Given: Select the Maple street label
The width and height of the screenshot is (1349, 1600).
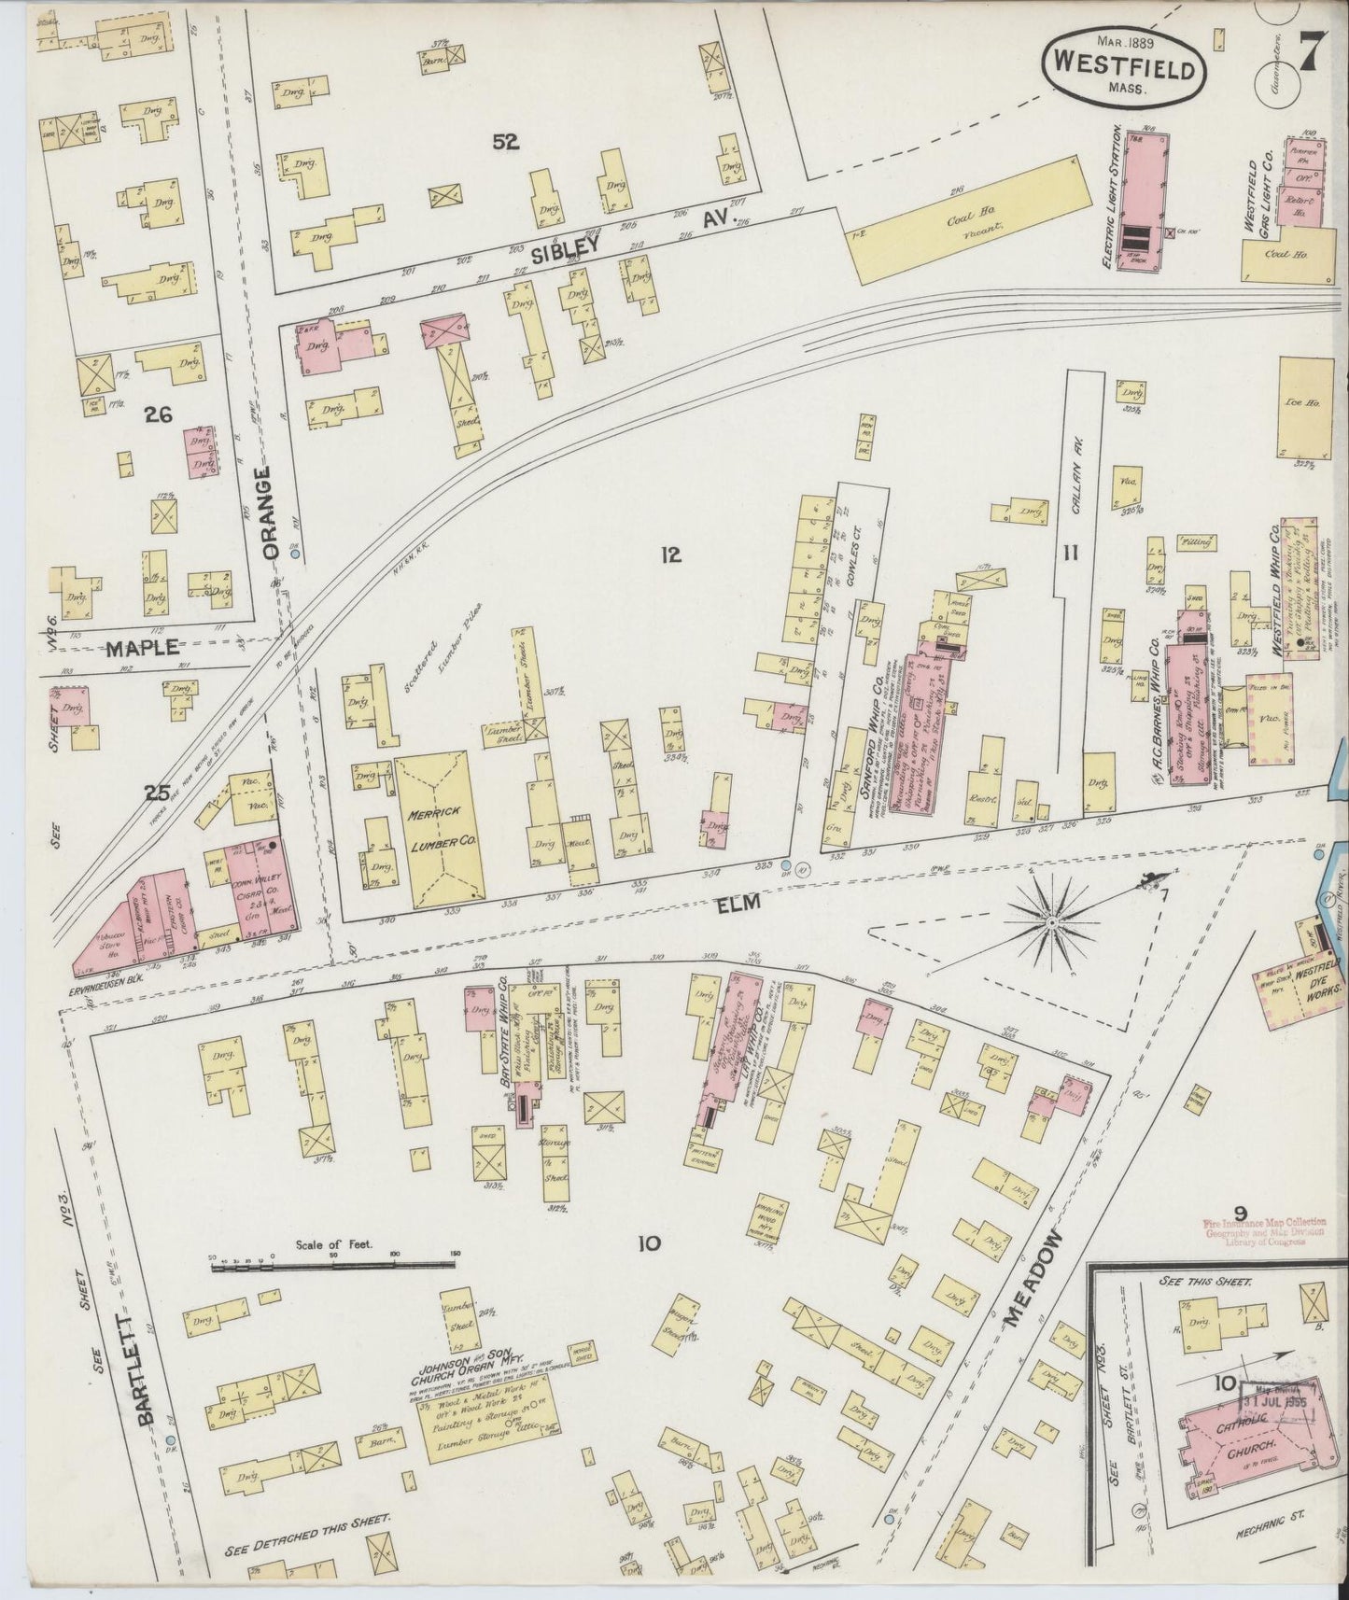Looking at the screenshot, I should point(142,647).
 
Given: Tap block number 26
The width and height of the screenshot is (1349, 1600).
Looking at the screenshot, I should point(158,415).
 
